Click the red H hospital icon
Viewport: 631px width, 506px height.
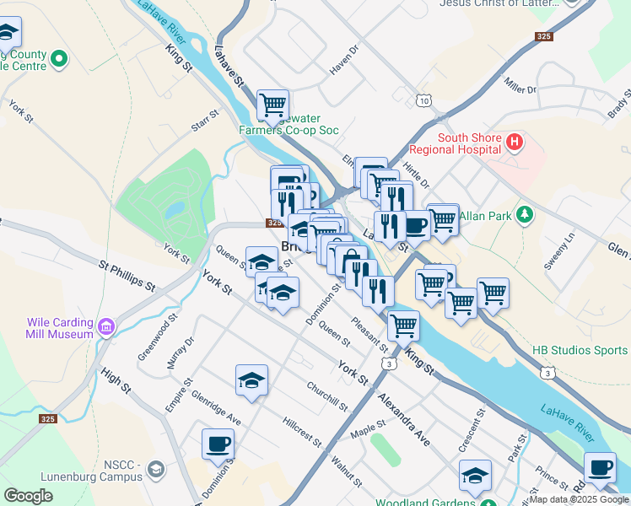(515, 143)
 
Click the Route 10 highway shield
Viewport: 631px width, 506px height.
(423, 100)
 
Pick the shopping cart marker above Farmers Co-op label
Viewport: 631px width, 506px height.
(272, 105)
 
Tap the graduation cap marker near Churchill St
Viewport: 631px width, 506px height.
(251, 381)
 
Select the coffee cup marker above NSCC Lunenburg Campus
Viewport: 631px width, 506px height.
(218, 444)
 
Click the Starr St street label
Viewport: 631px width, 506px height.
(205, 120)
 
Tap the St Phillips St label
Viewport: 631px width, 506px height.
(127, 276)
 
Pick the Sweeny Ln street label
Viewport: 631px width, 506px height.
(558, 250)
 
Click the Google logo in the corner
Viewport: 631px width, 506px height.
(28, 496)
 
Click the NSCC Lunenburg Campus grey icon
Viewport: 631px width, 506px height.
(155, 469)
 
